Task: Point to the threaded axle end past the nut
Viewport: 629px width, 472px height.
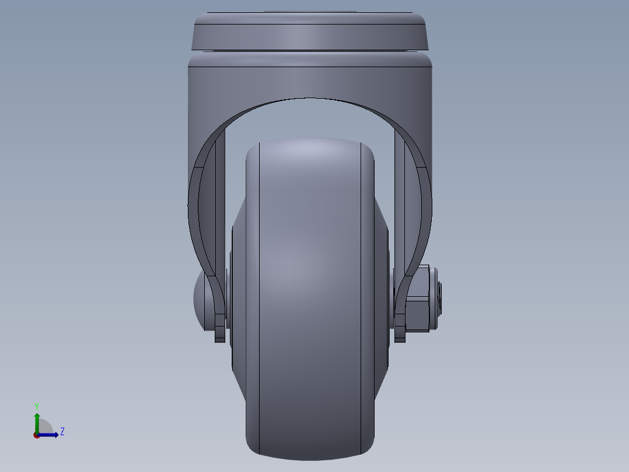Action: [x=438, y=298]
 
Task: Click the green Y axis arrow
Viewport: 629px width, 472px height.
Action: [x=37, y=419]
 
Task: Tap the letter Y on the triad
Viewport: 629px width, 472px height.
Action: [x=37, y=405]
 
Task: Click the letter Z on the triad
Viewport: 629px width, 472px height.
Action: [x=62, y=432]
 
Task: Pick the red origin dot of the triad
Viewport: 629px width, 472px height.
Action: [x=36, y=435]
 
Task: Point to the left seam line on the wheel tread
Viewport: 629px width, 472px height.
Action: [x=259, y=292]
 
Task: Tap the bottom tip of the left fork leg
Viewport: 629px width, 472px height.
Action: [x=219, y=338]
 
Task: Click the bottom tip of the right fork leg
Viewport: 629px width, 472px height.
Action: [x=400, y=338]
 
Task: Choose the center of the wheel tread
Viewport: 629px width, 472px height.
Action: [x=310, y=292]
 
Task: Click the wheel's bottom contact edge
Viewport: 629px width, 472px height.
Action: [x=310, y=454]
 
